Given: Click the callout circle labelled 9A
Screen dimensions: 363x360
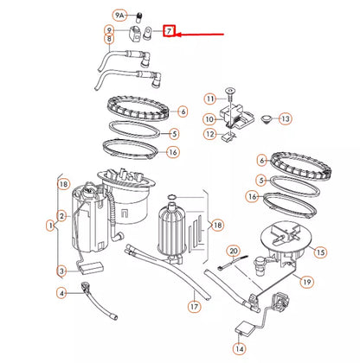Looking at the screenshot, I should point(119,16).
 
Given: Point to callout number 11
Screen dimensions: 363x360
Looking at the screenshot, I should point(209,99).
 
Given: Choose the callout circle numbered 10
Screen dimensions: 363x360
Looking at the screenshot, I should point(209,118).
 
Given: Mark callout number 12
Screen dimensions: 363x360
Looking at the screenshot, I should point(209,134).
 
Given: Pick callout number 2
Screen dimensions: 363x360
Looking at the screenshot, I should point(61,215).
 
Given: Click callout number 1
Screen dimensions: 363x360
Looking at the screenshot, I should point(49,226).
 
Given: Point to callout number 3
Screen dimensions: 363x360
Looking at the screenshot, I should point(61,271).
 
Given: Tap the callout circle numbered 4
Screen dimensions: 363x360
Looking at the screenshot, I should point(61,294).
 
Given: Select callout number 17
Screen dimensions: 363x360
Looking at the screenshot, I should point(195,305).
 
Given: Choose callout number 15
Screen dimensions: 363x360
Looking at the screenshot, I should point(319,252).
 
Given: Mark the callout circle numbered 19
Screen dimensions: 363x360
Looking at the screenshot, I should point(306,282).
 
